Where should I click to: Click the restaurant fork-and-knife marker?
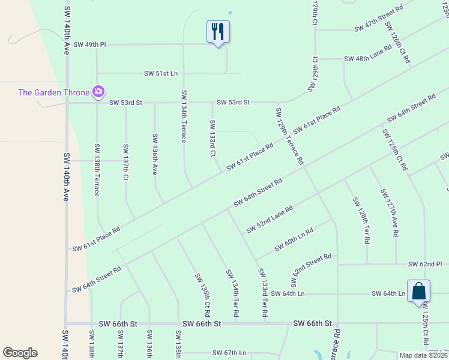point(218,31)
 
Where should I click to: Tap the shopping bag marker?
point(418,292)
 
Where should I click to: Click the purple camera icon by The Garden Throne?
point(98,92)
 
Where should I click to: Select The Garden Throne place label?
point(53,92)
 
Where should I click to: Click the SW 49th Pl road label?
point(89,44)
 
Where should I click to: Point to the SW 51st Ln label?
point(161,73)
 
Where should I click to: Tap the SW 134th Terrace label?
point(184,116)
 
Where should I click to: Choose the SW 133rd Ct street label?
point(212,138)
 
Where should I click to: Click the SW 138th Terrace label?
point(96,170)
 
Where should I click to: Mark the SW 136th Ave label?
point(154,154)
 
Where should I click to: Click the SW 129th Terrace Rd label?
point(289,137)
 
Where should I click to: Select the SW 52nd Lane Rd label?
point(269,220)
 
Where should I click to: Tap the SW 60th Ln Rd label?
point(294,240)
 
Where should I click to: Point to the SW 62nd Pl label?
point(424,264)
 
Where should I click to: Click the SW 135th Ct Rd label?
point(202,295)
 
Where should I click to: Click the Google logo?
point(20,353)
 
